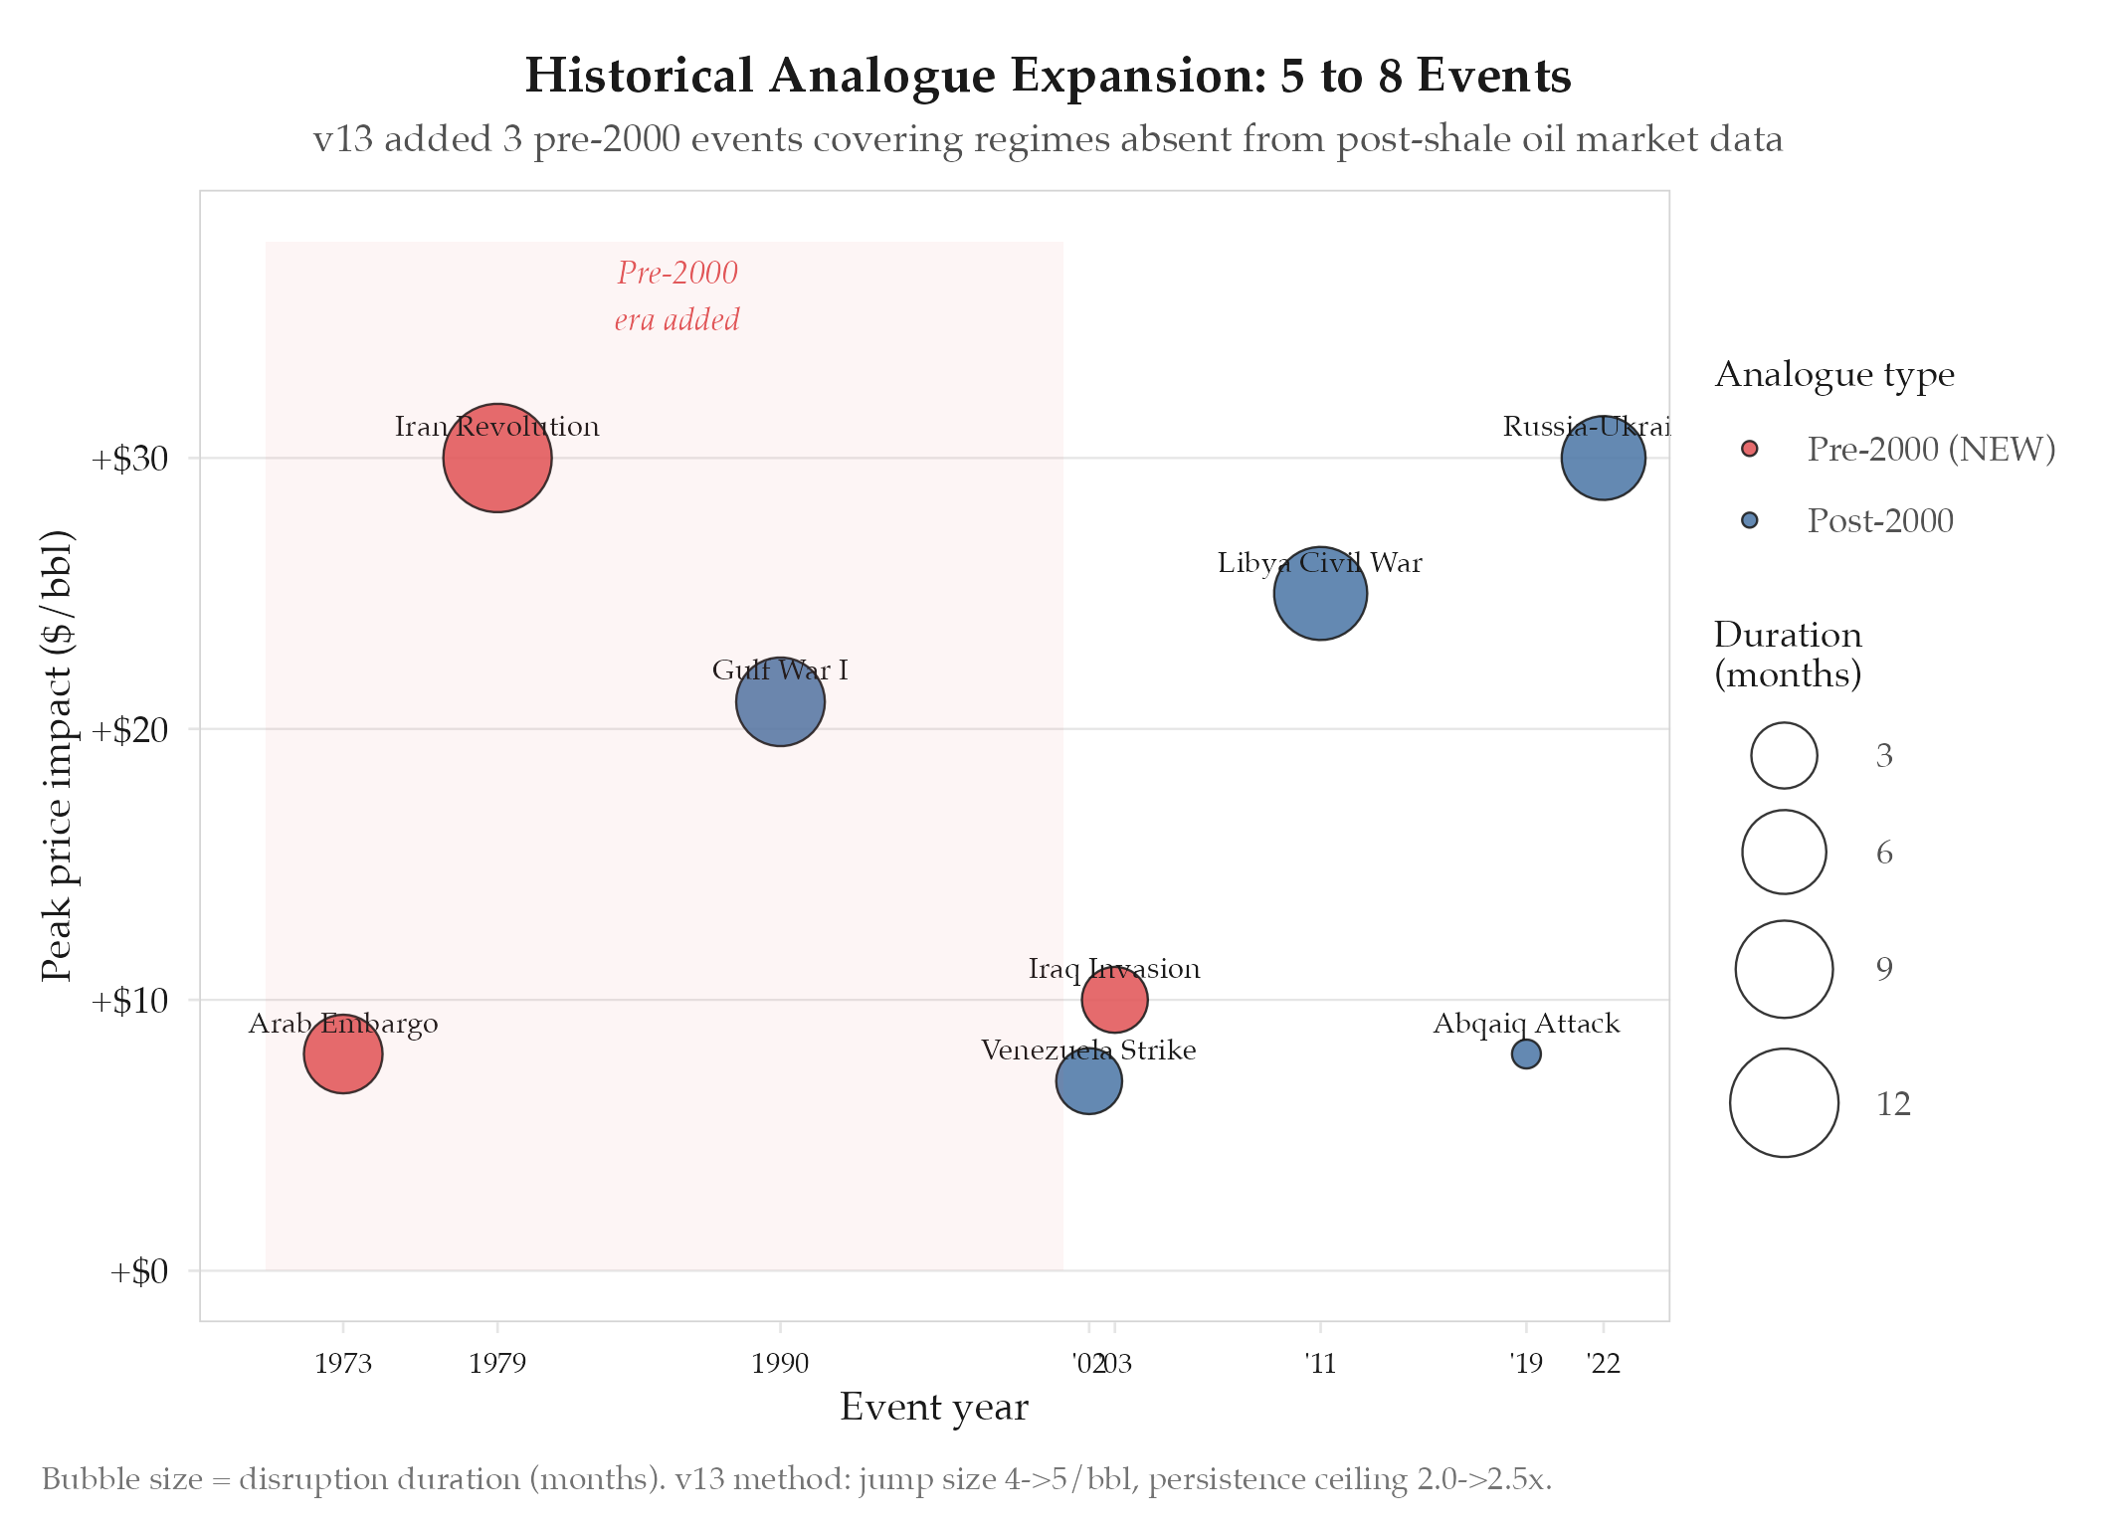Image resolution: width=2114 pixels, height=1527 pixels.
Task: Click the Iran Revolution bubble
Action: (497, 458)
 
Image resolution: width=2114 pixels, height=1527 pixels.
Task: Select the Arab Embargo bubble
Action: (343, 1053)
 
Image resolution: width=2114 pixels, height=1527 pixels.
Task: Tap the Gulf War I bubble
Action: (780, 701)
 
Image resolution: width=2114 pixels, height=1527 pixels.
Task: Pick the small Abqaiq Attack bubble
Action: (1526, 1053)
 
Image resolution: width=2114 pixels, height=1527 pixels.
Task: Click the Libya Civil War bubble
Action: (1320, 594)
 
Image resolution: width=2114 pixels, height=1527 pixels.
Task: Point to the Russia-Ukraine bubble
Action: (1603, 458)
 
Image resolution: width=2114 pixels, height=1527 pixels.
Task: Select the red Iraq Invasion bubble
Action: (1114, 1000)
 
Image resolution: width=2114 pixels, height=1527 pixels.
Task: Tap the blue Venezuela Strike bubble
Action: (1089, 1081)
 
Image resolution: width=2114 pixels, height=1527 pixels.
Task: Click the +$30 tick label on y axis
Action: (129, 459)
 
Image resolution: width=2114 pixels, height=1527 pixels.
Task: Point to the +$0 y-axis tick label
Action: (138, 1271)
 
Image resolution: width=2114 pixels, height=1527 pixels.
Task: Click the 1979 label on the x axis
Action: (497, 1363)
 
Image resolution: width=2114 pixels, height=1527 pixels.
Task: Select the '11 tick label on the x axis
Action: (1320, 1363)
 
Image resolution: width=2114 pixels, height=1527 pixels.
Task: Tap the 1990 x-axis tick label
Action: (780, 1363)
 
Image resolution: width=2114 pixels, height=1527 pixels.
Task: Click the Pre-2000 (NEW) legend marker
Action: (1750, 449)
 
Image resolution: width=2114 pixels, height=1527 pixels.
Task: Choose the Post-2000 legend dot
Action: (1750, 520)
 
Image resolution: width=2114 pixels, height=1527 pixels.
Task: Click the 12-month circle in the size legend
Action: (1784, 1103)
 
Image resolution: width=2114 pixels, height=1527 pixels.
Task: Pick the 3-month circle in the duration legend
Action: (1784, 755)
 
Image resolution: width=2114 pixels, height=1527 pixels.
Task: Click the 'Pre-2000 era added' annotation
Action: (677, 295)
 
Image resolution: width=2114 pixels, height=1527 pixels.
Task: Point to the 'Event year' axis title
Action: (933, 1408)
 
